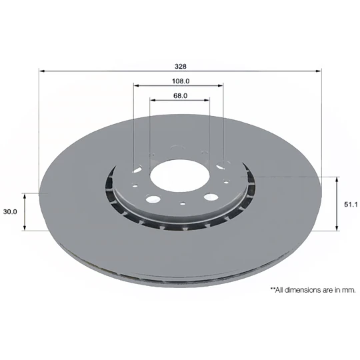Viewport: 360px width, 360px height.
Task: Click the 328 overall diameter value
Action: coord(180,66)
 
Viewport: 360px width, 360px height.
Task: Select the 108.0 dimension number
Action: coord(178,81)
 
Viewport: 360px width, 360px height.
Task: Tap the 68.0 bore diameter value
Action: coord(180,95)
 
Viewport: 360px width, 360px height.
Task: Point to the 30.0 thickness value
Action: coord(10,212)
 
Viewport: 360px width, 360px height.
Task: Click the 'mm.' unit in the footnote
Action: coord(349,290)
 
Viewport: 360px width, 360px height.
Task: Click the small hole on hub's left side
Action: coord(135,187)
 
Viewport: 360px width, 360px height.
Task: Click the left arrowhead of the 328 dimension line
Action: coord(42,71)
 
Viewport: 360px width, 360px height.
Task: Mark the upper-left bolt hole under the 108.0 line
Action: coord(137,169)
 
